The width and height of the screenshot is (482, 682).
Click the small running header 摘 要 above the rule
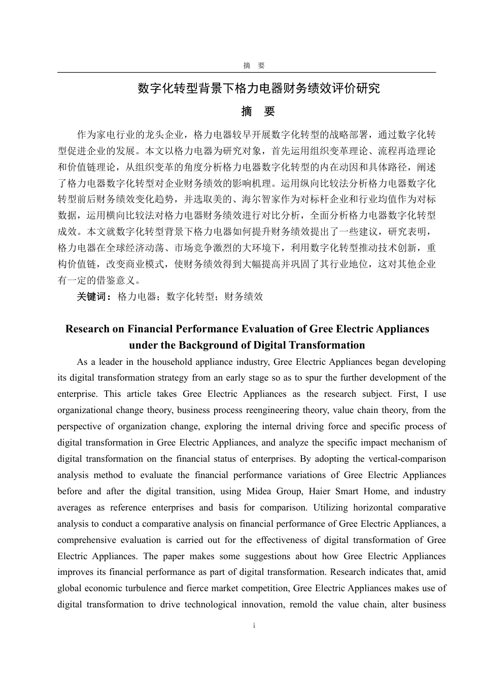[254, 65]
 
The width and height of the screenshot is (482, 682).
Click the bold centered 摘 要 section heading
[258, 112]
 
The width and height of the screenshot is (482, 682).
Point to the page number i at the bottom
[254, 626]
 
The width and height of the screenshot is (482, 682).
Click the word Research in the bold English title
[87, 329]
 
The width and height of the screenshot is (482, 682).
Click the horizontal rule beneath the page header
[247, 73]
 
